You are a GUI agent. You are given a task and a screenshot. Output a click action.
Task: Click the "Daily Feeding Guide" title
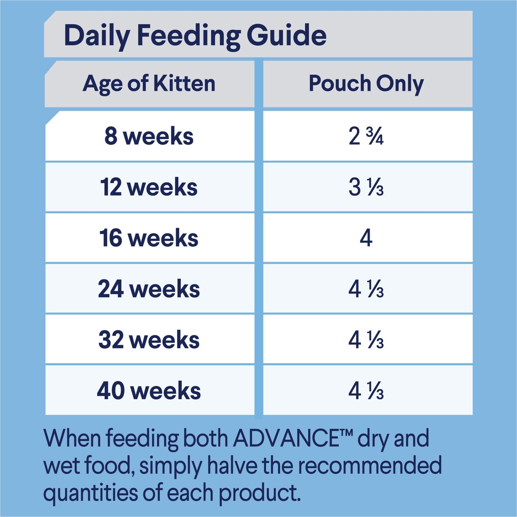[195, 36]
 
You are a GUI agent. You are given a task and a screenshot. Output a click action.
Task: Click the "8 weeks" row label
[149, 136]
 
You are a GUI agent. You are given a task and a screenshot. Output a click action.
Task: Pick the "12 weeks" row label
[149, 187]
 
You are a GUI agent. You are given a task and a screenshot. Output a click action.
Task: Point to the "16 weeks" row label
[149, 238]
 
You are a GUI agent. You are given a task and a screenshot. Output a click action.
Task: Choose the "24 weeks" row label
[149, 289]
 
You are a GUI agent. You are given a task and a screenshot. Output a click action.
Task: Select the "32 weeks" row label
[149, 340]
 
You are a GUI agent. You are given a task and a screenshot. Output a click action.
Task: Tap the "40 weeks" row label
[149, 391]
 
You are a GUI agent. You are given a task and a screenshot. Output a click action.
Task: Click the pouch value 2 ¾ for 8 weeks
[366, 136]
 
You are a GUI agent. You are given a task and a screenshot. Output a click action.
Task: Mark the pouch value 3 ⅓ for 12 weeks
[366, 187]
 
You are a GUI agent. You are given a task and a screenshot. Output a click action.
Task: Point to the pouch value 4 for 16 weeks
[366, 238]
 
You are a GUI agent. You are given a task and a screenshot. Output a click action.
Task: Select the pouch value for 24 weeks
[366, 289]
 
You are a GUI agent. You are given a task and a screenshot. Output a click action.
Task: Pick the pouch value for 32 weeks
[366, 340]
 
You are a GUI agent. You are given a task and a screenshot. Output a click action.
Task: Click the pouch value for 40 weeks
[366, 391]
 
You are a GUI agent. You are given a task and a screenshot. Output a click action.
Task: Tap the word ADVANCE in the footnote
[286, 439]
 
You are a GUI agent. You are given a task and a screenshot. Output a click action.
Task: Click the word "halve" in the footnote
[232, 466]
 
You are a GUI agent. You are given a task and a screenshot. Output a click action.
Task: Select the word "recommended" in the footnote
[369, 466]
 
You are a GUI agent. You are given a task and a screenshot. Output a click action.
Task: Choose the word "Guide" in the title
[287, 36]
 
